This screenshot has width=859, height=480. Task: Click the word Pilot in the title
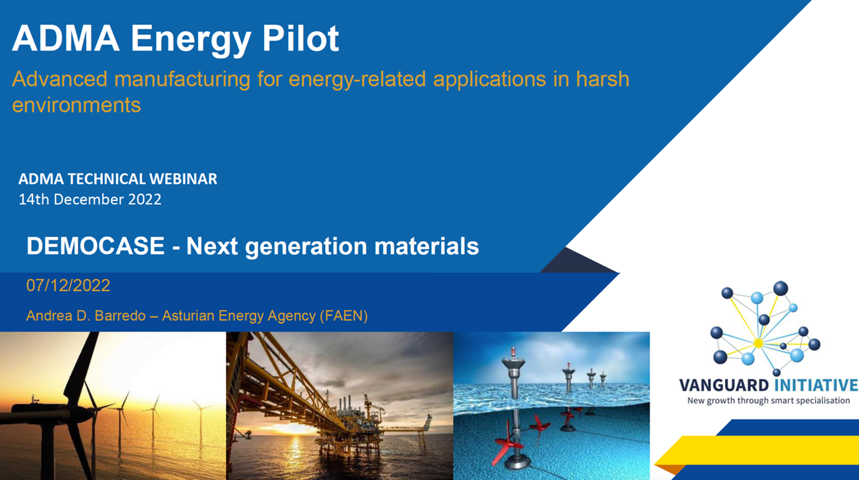pyautogui.click(x=300, y=38)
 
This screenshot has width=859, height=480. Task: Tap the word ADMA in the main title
pyautogui.click(x=65, y=38)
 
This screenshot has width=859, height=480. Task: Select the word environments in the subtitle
pyautogui.click(x=77, y=105)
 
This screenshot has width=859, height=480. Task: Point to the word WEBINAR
pyautogui.click(x=183, y=179)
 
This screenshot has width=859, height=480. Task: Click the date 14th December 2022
pyautogui.click(x=90, y=199)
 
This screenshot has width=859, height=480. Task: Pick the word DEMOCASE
pyautogui.click(x=95, y=246)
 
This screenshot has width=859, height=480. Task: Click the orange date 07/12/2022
pyautogui.click(x=69, y=286)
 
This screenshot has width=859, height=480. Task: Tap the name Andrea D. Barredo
pyautogui.click(x=86, y=316)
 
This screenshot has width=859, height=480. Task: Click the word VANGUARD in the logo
pyautogui.click(x=724, y=385)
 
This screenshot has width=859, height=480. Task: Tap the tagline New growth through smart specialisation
pyautogui.click(x=769, y=401)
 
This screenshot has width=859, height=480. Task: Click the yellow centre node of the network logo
pyautogui.click(x=758, y=343)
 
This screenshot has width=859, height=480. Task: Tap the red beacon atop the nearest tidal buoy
pyautogui.click(x=513, y=352)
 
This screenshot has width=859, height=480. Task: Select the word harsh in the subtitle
pyautogui.click(x=602, y=79)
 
